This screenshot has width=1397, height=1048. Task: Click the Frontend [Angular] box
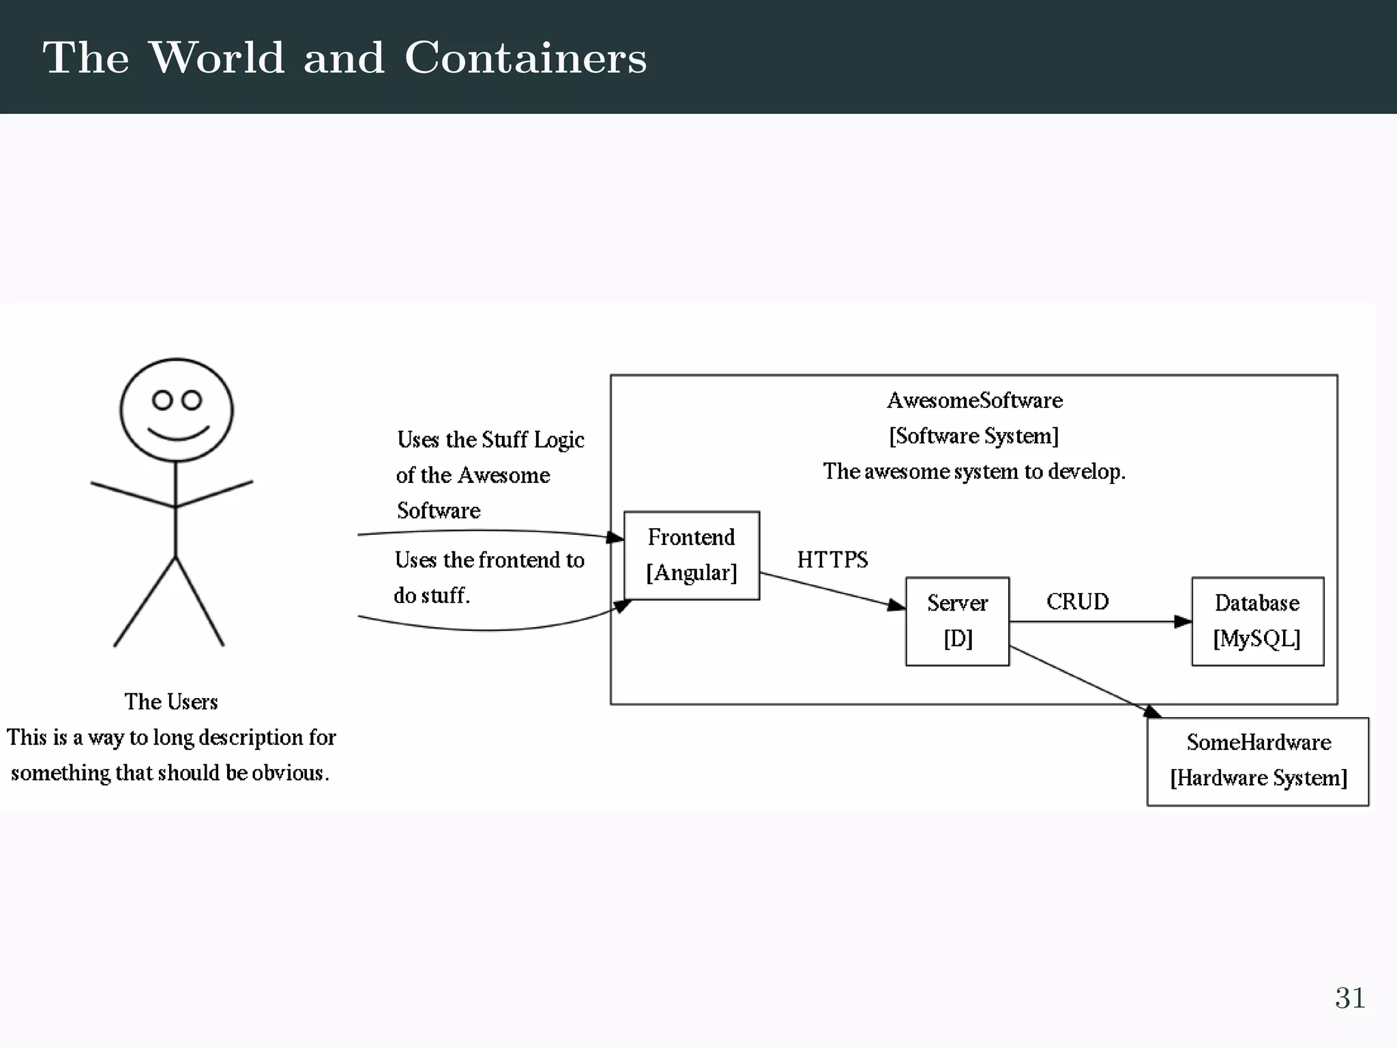[x=692, y=555]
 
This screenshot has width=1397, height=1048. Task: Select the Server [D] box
[x=957, y=621]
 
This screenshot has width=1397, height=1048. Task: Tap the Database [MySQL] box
[x=1257, y=621]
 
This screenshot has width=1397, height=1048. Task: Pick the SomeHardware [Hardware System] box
[x=1257, y=761]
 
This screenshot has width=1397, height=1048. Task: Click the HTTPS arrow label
[x=832, y=560]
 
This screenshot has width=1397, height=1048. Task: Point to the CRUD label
[x=1077, y=602]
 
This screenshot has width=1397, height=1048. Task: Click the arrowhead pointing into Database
[x=1183, y=622]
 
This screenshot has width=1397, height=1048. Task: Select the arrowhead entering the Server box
[x=896, y=605]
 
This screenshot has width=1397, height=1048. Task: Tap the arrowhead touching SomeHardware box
[x=1152, y=712]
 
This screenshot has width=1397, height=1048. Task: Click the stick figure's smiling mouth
[x=178, y=435]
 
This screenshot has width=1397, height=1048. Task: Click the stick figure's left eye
[x=162, y=400]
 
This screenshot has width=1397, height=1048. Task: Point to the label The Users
[x=171, y=701]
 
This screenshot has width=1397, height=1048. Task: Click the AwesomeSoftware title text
[x=974, y=401]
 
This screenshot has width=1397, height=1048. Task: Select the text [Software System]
[x=974, y=436]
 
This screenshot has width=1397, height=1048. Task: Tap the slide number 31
[x=1349, y=998]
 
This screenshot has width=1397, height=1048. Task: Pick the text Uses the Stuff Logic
[x=490, y=440]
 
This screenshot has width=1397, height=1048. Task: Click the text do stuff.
[x=432, y=596]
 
